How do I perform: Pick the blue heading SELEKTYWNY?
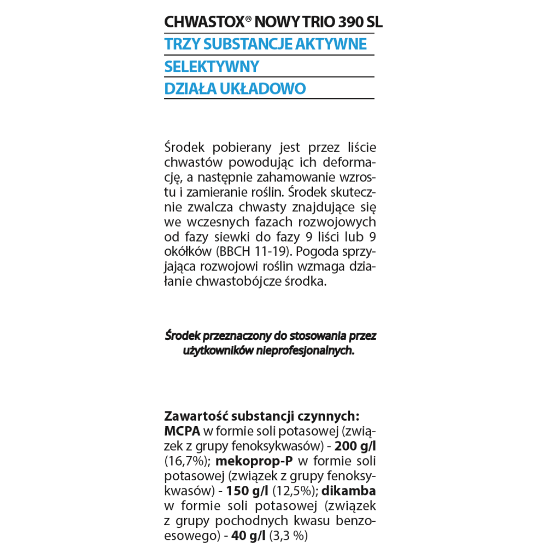coord(212,67)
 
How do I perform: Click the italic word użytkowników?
coord(213,350)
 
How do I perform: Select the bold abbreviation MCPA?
coord(183,431)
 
